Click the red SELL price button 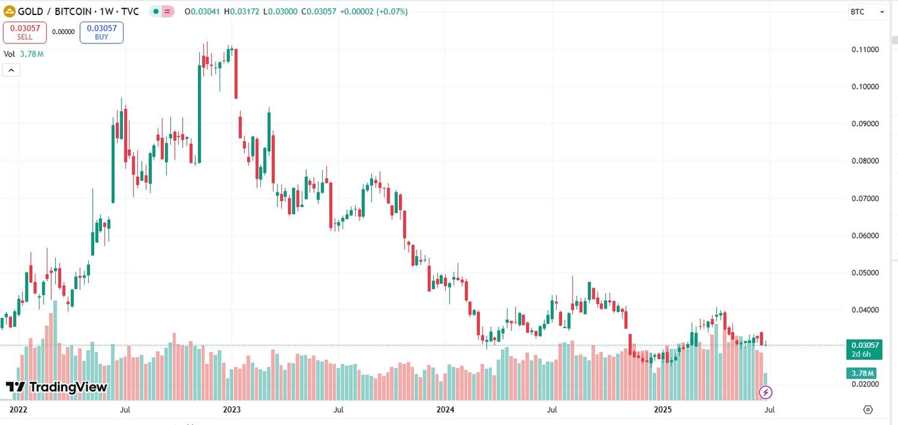coord(24,32)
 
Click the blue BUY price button coord(101,32)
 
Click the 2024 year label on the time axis coord(446,410)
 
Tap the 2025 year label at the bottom coord(663,410)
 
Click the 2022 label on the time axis coord(19,410)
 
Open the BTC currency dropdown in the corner coord(866,12)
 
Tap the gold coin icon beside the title coord(9,12)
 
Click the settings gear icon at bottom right coord(868,410)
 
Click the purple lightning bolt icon coord(765,393)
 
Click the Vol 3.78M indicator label coord(24,54)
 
